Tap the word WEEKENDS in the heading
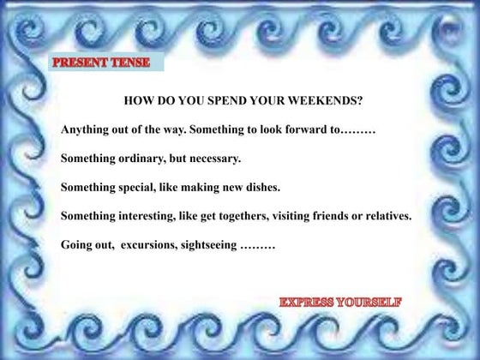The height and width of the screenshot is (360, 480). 327,99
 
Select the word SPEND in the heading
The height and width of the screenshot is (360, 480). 221,99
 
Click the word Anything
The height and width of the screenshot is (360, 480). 87,129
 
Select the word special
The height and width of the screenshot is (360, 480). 144,187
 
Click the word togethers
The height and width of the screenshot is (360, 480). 249,216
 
